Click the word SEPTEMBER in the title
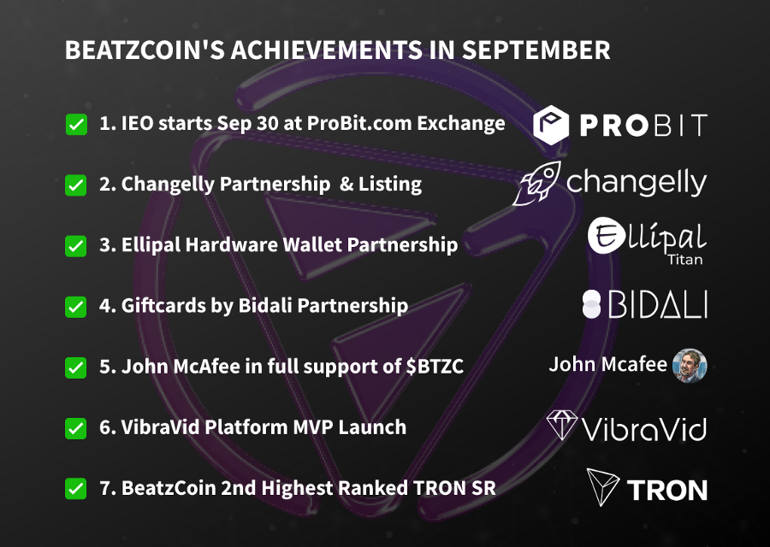536,50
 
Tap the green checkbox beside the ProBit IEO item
76,124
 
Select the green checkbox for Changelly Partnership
76,185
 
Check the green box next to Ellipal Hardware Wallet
76,246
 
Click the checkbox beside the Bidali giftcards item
76,307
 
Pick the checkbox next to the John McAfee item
76,368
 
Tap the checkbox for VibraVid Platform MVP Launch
76,428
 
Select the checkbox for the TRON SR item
76,489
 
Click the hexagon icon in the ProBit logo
551,125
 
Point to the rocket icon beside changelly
536,183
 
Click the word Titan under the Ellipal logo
685,259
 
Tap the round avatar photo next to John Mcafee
690,366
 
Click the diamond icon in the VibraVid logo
562,425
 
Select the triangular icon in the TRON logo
602,486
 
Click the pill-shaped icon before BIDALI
591,304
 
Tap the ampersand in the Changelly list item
346,184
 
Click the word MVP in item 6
313,427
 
